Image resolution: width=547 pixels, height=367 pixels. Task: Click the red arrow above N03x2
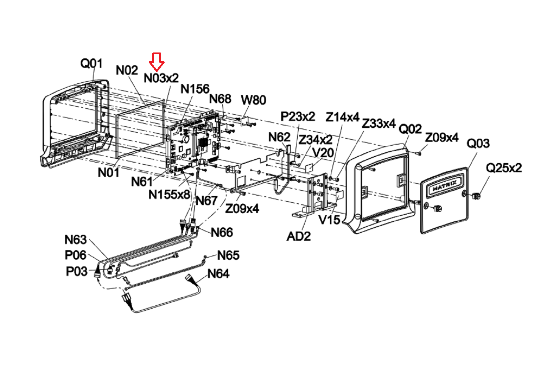click(157, 62)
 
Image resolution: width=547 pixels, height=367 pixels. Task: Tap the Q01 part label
click(91, 63)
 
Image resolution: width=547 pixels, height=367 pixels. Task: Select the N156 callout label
click(195, 89)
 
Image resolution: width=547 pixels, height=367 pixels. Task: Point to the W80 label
click(253, 100)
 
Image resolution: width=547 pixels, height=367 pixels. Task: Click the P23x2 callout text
click(298, 116)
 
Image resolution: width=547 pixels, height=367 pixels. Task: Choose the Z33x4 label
click(378, 123)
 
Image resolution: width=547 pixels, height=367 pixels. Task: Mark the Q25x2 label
click(504, 168)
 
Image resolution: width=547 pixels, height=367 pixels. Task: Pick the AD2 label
click(299, 236)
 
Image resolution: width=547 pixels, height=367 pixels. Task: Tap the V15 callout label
click(330, 220)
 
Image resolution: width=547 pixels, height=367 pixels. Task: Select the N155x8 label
click(169, 195)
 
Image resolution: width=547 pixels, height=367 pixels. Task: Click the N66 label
click(222, 232)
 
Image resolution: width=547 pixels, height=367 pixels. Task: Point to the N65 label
click(228, 255)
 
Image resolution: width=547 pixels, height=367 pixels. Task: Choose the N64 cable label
click(218, 274)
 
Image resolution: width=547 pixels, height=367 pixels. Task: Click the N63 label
click(76, 240)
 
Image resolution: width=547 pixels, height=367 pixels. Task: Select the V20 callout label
click(323, 153)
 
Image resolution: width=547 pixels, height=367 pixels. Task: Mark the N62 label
click(279, 137)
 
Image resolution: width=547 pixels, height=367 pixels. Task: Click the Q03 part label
click(478, 143)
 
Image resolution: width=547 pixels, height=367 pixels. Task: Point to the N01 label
click(109, 172)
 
